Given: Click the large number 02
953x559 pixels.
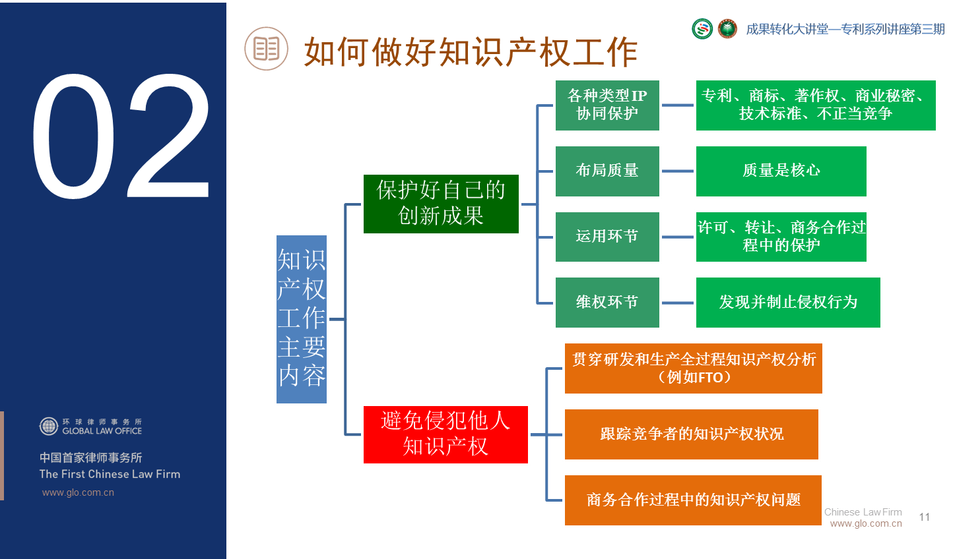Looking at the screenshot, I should coord(121,136).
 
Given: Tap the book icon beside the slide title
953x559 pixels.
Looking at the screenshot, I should coord(266,49).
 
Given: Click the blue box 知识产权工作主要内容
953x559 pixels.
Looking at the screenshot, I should coord(302,319).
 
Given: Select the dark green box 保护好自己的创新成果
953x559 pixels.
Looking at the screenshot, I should coord(441,204).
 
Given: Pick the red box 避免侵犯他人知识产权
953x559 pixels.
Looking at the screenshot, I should coord(445,434).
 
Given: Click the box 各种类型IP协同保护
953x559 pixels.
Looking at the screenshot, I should coord(607,105).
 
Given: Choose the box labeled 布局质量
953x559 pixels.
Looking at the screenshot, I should coord(607,171).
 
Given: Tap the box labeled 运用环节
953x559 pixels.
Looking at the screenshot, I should coord(607,237).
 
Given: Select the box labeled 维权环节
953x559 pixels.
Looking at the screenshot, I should coord(607,303).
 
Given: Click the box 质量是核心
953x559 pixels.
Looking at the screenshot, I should coord(781,171).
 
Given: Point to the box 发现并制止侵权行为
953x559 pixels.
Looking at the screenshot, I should coord(788,303).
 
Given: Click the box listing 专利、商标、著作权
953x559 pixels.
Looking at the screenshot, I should coord(815,105).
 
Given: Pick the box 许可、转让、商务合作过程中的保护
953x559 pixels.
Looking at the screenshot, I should coord(781,237).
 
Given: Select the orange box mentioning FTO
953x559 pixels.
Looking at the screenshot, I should coord(693,368).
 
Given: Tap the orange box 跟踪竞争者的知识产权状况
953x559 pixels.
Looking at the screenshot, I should coord(691,434).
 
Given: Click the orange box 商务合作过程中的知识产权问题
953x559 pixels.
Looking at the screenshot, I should coord(693,500).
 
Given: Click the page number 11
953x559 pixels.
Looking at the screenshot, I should coord(925,517).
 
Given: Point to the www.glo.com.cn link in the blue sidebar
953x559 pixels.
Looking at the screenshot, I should coord(78,492).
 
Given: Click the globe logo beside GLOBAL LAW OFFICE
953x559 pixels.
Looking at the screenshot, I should coord(49,427).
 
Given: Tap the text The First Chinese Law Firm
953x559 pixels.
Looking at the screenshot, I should coord(110,474).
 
